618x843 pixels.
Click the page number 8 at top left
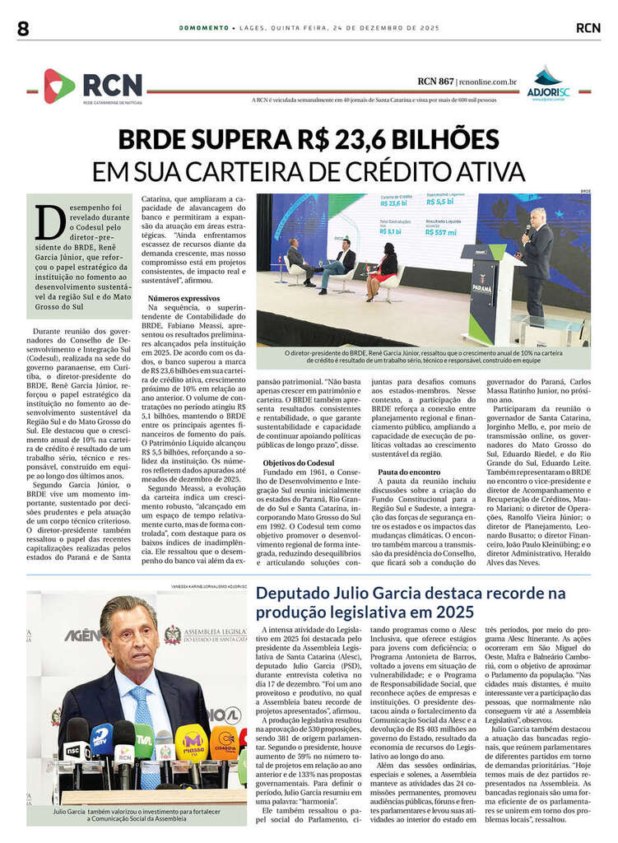tap(22, 27)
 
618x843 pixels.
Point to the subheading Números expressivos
tap(184, 298)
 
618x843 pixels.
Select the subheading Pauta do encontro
tap(409, 472)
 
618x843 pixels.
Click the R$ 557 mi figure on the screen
tap(441, 233)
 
